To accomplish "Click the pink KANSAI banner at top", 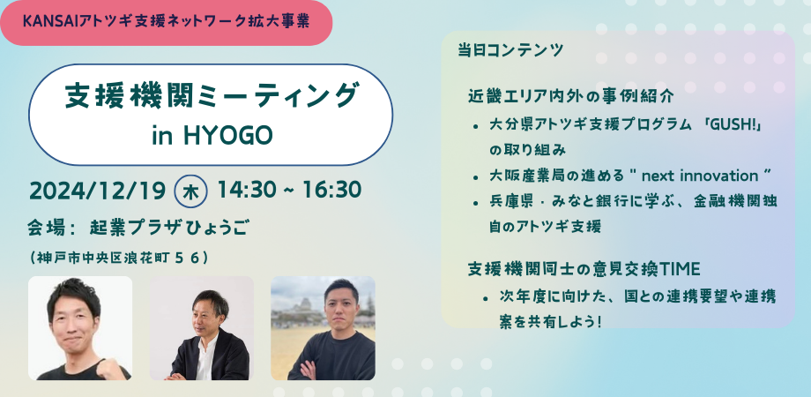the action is coord(166,23).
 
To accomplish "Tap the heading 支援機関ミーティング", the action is coord(211,97).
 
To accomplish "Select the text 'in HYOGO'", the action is coord(212,136).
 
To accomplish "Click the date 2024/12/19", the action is coord(97,191).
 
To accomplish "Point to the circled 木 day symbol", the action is coord(191,191).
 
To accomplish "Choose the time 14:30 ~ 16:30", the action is coord(289,190).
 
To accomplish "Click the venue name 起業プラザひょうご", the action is coord(168,228).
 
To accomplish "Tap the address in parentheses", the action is coord(119,258).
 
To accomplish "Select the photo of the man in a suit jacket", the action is coord(202,328).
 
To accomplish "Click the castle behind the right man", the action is coord(303,305).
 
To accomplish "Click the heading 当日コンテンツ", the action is coord(510,50).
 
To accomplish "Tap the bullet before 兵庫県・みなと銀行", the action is coord(475,203).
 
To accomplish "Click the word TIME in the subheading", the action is coord(681,270).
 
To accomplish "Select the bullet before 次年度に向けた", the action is coord(486,298).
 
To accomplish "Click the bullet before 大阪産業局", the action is coord(475,177).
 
